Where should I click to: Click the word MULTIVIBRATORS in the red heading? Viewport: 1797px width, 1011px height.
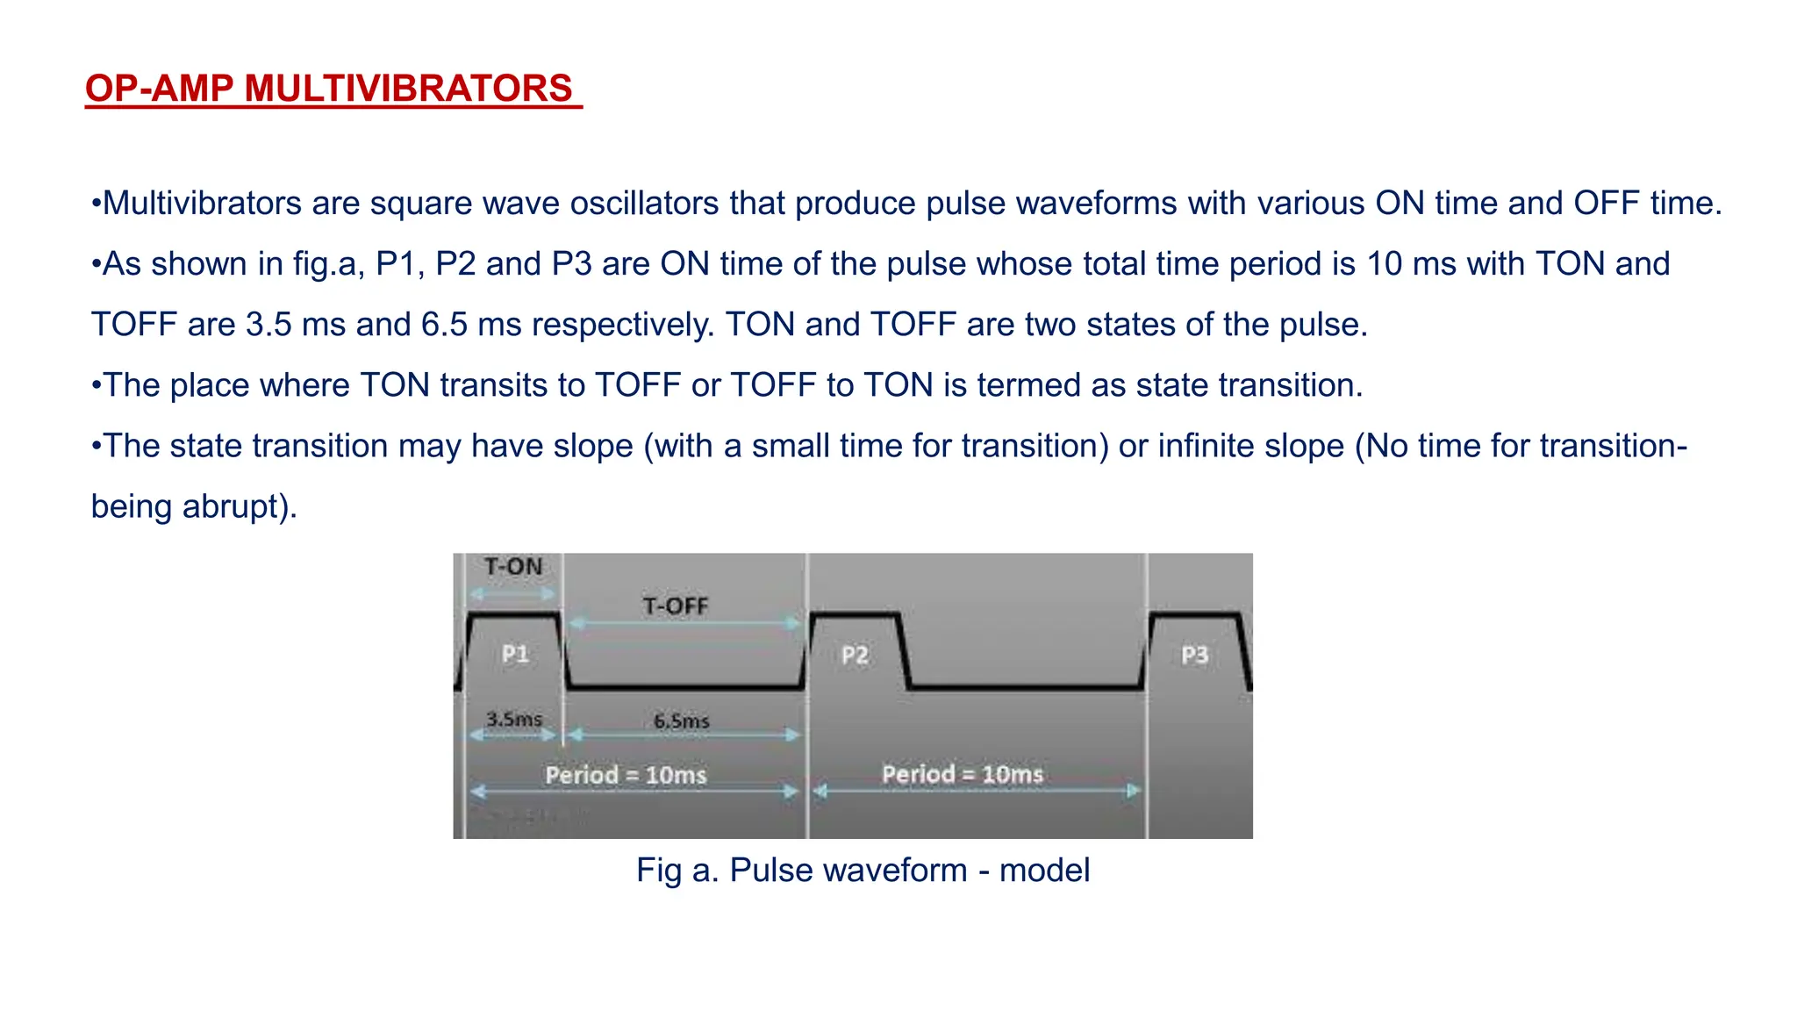[x=408, y=89]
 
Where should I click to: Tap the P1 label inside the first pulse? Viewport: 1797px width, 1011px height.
[x=515, y=654]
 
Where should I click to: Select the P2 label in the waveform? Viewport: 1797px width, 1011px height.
[x=855, y=655]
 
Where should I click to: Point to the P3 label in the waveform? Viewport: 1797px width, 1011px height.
[x=1194, y=655]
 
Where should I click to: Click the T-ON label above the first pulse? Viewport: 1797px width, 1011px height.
[x=513, y=567]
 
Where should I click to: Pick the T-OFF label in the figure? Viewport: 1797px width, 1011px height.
[x=675, y=606]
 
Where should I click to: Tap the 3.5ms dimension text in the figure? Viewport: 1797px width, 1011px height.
[x=514, y=719]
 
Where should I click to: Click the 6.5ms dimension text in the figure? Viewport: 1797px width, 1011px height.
[x=682, y=721]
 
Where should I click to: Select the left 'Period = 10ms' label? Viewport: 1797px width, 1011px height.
[x=626, y=775]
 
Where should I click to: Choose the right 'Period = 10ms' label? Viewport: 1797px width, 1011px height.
[x=963, y=774]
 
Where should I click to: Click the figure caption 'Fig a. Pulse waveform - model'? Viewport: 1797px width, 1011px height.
[x=863, y=870]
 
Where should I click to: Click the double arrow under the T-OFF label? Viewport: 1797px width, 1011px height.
[x=684, y=623]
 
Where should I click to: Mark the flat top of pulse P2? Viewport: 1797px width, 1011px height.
[x=855, y=615]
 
